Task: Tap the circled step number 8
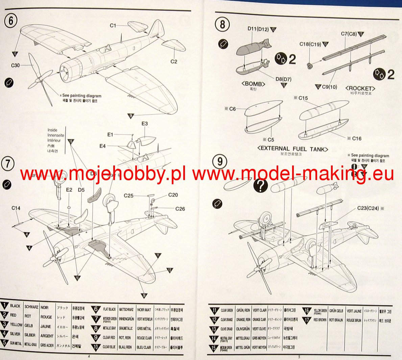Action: point(222,24)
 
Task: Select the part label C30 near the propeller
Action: point(16,66)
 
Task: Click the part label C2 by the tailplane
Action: point(174,61)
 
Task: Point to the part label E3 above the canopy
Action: point(144,124)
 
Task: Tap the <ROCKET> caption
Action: point(360,88)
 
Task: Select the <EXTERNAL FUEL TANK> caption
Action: point(292,149)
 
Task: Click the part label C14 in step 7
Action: point(16,208)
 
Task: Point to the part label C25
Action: point(128,195)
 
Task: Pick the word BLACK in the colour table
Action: point(15,306)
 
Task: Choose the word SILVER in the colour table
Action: point(16,334)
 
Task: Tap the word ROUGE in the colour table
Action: point(46,317)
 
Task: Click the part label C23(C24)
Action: point(369,208)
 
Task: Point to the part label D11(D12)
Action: point(258,29)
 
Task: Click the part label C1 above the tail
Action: point(113,25)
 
